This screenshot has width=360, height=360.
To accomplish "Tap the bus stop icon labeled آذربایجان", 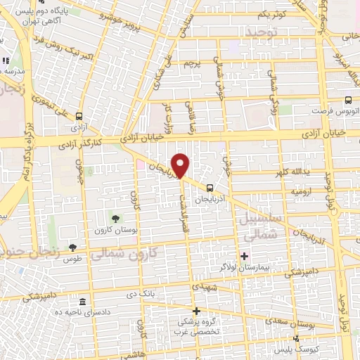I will pos(210,187).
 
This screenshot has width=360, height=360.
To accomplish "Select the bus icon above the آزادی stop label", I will pos(79,117).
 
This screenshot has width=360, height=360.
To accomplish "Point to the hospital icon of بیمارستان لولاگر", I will pos(245,256).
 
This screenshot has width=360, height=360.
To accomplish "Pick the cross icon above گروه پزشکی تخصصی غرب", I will pos(196,311).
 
